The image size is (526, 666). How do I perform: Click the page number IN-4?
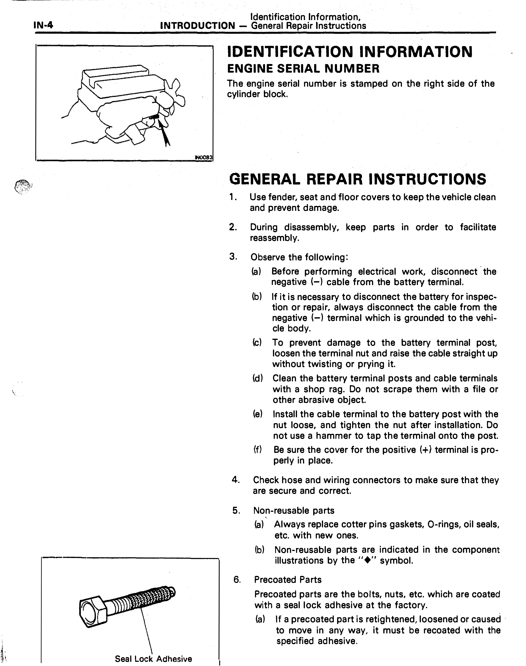[x=43, y=25]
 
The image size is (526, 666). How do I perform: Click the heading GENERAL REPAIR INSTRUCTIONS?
[x=358, y=179]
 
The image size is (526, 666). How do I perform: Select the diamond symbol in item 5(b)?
[x=366, y=560]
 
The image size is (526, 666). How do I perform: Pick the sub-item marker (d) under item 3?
[x=258, y=378]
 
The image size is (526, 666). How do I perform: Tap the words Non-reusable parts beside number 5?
[x=294, y=511]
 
